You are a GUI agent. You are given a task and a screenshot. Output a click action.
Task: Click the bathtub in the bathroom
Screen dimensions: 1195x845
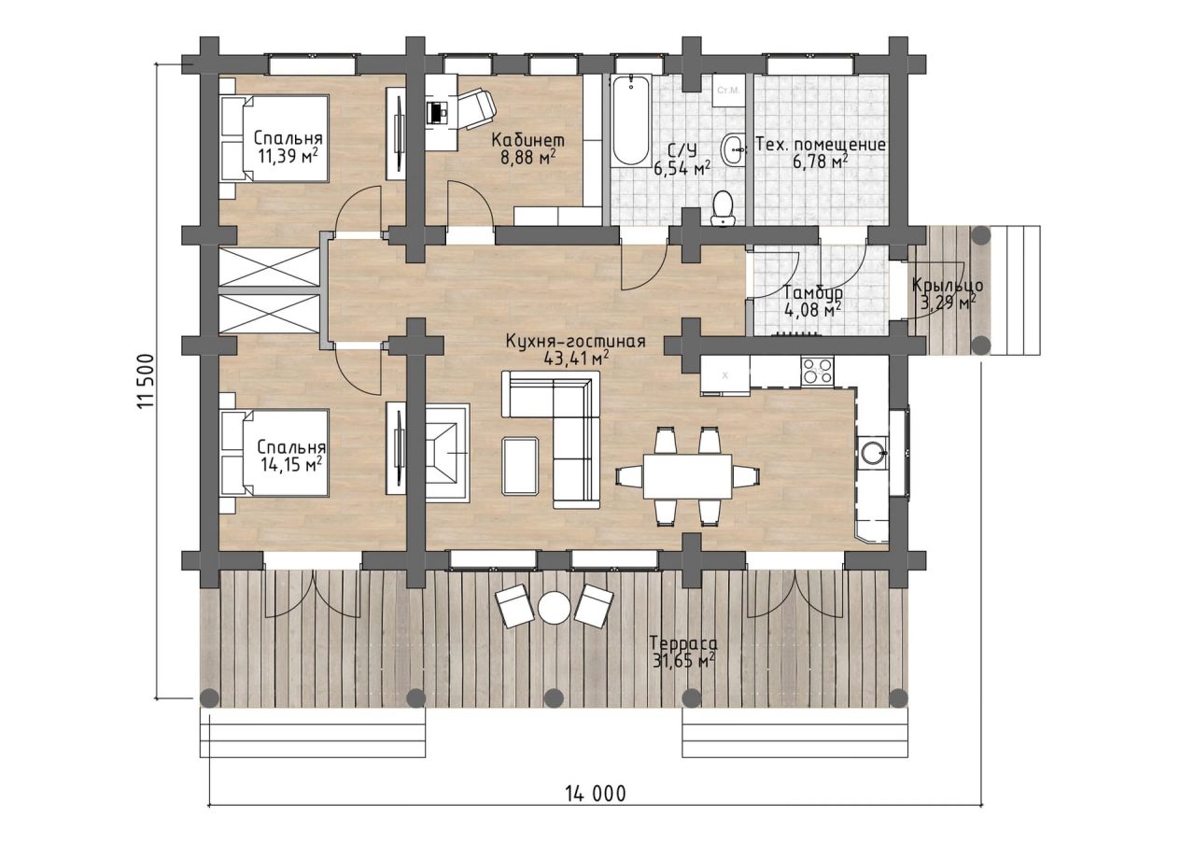tap(630, 120)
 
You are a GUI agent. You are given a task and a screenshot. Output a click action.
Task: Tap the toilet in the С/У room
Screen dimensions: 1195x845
tap(723, 208)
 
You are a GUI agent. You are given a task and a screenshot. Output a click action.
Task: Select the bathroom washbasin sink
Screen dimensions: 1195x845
tap(734, 149)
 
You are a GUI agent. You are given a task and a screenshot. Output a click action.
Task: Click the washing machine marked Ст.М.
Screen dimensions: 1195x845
tap(729, 92)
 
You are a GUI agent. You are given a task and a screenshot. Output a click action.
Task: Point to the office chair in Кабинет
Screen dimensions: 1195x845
tap(475, 109)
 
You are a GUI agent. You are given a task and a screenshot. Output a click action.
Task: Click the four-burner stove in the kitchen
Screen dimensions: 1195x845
tap(818, 370)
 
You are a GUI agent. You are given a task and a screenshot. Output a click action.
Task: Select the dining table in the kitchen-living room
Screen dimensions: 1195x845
tap(688, 476)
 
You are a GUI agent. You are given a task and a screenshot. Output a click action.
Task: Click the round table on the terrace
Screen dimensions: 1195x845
tap(554, 607)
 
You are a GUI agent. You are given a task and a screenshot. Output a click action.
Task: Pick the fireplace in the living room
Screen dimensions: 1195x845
tap(447, 453)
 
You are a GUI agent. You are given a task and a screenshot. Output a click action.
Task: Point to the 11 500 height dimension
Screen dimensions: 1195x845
tap(146, 380)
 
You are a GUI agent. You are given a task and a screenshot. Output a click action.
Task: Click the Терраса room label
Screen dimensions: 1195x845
tap(682, 643)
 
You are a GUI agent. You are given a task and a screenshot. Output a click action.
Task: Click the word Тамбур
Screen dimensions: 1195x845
tap(813, 293)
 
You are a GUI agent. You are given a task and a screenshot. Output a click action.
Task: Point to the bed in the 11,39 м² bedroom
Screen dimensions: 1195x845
tap(274, 139)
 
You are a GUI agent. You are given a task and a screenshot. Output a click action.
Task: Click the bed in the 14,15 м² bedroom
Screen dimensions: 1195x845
tap(274, 453)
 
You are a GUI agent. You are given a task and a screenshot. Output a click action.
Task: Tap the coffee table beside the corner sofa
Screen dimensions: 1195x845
tap(520, 466)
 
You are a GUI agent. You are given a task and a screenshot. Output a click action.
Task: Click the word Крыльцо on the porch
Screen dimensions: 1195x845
tap(947, 286)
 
